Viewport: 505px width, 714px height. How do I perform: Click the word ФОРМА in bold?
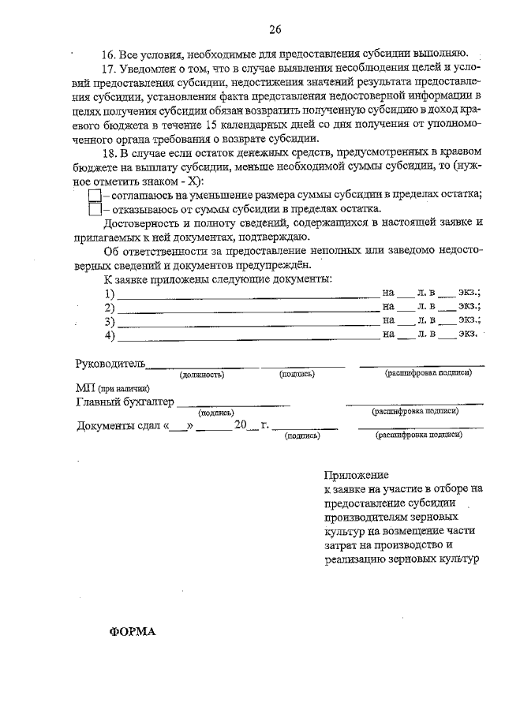tap(133, 632)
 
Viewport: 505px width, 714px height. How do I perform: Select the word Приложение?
tap(356, 475)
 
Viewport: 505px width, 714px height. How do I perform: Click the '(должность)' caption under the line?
tap(202, 373)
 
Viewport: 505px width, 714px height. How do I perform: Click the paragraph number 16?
tap(109, 54)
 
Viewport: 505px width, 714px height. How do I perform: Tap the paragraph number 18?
tap(109, 152)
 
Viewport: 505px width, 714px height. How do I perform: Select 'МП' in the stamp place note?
tap(84, 388)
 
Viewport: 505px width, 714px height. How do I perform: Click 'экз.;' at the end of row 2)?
tap(471, 307)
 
